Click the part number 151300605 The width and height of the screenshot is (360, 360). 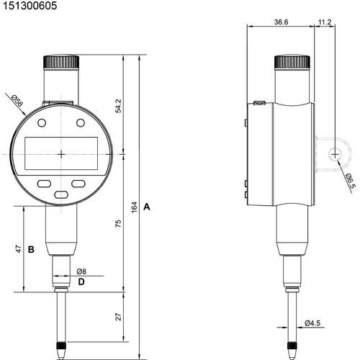point(30,6)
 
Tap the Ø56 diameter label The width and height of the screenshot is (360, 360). point(17,101)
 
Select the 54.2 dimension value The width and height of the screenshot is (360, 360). point(118,106)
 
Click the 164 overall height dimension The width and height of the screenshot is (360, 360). point(134,207)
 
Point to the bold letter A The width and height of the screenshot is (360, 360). point(147,207)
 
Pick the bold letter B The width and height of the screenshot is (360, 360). point(31,250)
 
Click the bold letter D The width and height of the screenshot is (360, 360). point(81,282)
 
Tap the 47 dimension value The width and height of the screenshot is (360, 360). point(19,249)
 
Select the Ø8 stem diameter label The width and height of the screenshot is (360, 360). point(81,271)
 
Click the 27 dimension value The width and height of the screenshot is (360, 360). point(119,317)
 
